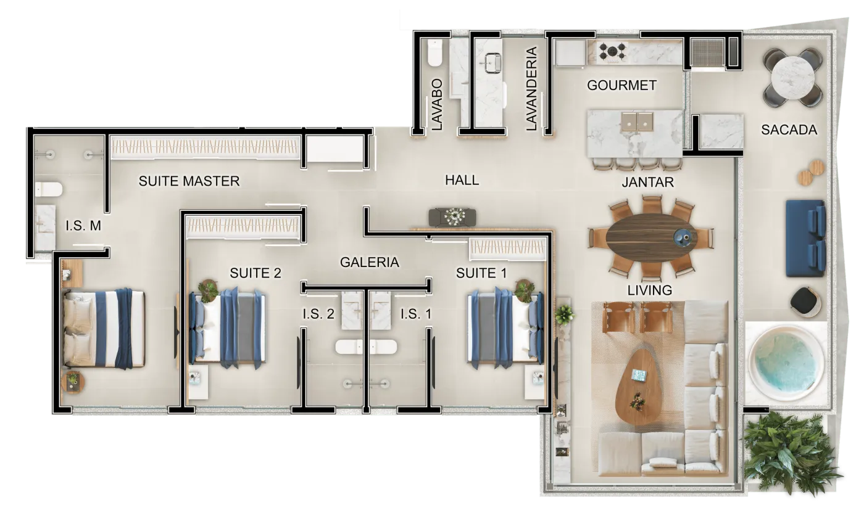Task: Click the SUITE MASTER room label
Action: coord(189,181)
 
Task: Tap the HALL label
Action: coord(462,180)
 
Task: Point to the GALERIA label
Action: coord(370,262)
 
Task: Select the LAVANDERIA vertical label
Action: coord(531,88)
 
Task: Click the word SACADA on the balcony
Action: coord(789,130)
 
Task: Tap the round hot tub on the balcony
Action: coord(786,363)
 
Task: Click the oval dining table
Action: coord(651,238)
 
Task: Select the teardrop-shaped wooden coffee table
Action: coord(637,387)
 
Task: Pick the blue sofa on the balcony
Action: coord(805,238)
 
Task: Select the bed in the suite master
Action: coord(104,328)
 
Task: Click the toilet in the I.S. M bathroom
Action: coord(49,190)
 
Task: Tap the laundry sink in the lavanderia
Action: coord(493,63)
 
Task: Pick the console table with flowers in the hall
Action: coord(452,217)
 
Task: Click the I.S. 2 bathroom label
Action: coord(318,314)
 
